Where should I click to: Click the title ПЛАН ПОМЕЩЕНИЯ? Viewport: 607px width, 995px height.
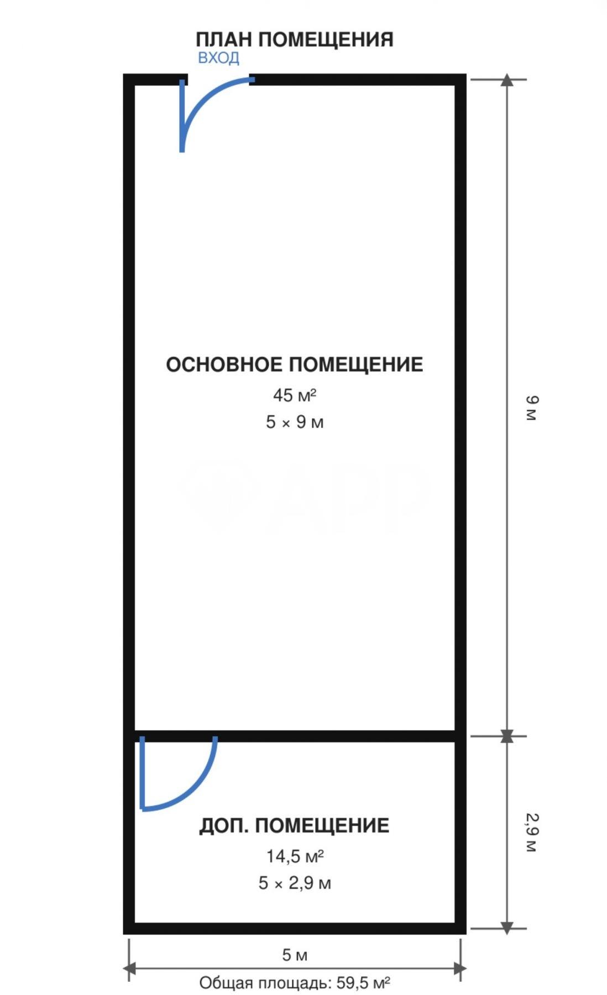click(295, 40)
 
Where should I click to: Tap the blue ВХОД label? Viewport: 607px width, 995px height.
click(218, 57)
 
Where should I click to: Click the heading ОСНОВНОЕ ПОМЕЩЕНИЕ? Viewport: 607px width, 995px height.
click(295, 364)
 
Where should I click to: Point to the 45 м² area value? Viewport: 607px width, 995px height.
click(295, 395)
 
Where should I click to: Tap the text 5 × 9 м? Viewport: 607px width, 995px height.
click(295, 422)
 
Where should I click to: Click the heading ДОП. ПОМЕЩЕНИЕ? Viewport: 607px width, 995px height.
click(294, 826)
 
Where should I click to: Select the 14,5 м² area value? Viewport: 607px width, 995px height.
click(295, 856)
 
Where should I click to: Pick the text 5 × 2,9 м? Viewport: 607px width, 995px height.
click(295, 883)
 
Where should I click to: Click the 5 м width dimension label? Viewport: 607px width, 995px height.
click(295, 955)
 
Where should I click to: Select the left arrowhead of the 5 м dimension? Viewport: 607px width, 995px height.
click(129, 968)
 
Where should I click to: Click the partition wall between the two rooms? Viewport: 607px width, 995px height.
click(295, 736)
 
